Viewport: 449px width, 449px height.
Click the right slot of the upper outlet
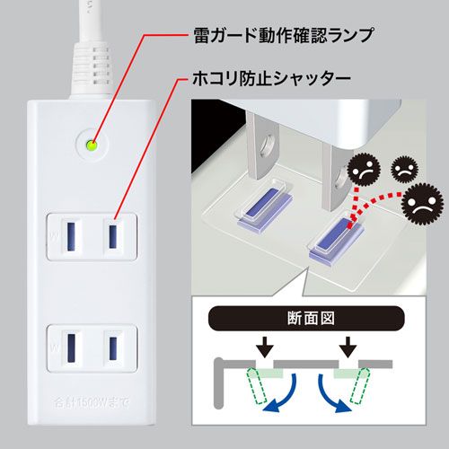coord(112,235)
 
